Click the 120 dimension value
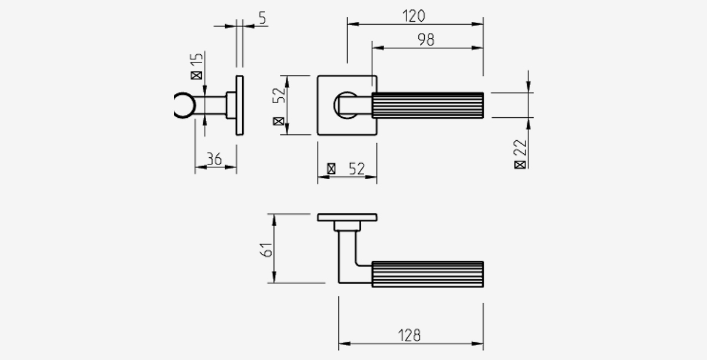414,16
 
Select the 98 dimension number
426,39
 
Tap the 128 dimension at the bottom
409,335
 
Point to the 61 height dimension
267,250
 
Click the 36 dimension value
214,159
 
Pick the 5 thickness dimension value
262,18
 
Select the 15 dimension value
197,60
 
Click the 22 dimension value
520,147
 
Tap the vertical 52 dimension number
279,95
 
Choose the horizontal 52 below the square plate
357,169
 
